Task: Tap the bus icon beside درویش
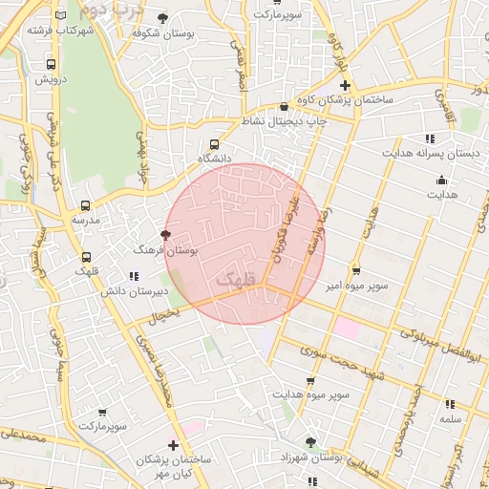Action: pos(51,64)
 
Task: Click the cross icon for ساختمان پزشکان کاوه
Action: pos(346,86)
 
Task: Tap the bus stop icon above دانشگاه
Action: pos(212,142)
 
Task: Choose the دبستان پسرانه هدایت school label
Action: pos(429,153)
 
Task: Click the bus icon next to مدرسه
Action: pos(85,205)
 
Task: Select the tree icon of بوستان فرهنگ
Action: pos(165,235)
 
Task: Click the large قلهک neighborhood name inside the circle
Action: pos(237,280)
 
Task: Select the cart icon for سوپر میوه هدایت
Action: pos(309,381)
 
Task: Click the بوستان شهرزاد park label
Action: pos(310,457)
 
